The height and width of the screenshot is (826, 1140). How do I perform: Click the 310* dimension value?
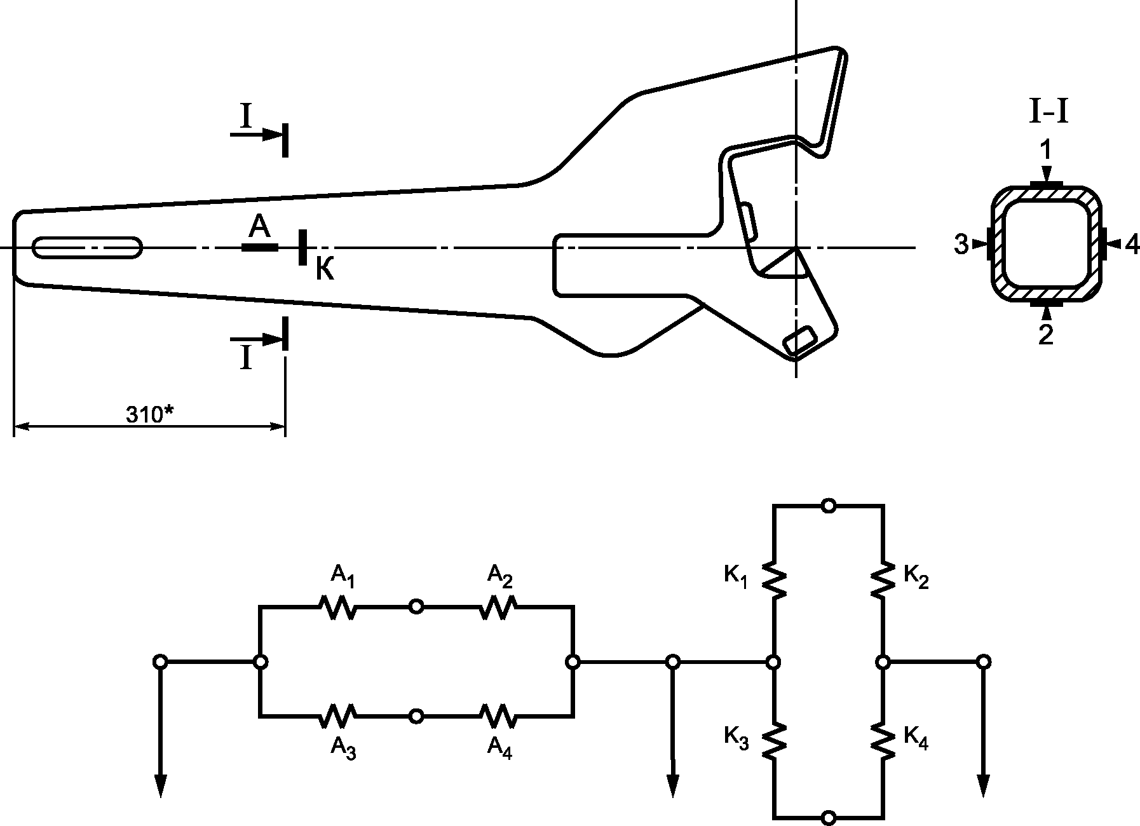(x=150, y=414)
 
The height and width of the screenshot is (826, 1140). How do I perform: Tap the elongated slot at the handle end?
(x=88, y=247)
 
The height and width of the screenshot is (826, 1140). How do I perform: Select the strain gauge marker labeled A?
(x=259, y=247)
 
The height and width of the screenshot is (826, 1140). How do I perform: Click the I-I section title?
(x=1048, y=114)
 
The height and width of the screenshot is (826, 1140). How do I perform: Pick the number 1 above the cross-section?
(x=1046, y=151)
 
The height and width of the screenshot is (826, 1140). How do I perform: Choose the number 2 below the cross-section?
(x=1046, y=335)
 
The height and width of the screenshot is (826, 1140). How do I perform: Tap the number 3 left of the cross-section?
(x=962, y=245)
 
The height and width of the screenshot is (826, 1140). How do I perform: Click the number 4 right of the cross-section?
(x=1132, y=245)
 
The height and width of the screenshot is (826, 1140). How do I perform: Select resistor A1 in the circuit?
(x=337, y=607)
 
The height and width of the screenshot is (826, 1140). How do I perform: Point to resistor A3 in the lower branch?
(x=337, y=716)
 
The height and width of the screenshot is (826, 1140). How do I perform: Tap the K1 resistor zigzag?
(x=774, y=579)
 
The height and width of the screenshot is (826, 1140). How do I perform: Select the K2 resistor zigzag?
(x=883, y=579)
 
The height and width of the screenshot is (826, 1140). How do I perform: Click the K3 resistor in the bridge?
(x=774, y=740)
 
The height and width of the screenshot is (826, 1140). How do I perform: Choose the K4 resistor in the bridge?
(x=883, y=740)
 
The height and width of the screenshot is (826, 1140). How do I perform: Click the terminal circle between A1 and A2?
(x=416, y=607)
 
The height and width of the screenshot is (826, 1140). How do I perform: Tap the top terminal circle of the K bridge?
(x=828, y=506)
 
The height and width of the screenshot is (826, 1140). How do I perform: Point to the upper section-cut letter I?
(x=245, y=116)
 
